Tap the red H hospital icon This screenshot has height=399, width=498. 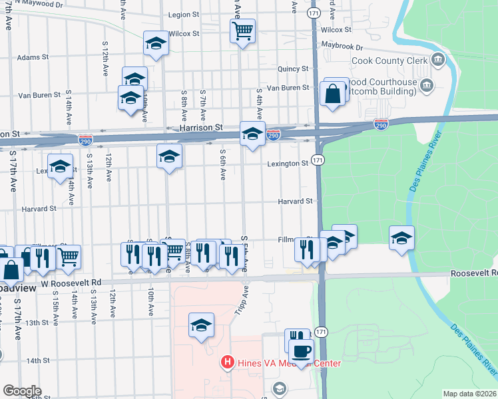coord(227,363)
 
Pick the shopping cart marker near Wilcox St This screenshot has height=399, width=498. coord(242,30)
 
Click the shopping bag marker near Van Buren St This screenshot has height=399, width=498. coord(333,94)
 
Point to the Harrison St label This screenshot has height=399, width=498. coord(200,127)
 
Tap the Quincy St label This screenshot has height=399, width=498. coord(295,68)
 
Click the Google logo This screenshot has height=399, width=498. coord(22,391)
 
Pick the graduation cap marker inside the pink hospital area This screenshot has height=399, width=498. coord(201,325)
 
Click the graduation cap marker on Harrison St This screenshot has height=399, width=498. coord(252,134)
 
